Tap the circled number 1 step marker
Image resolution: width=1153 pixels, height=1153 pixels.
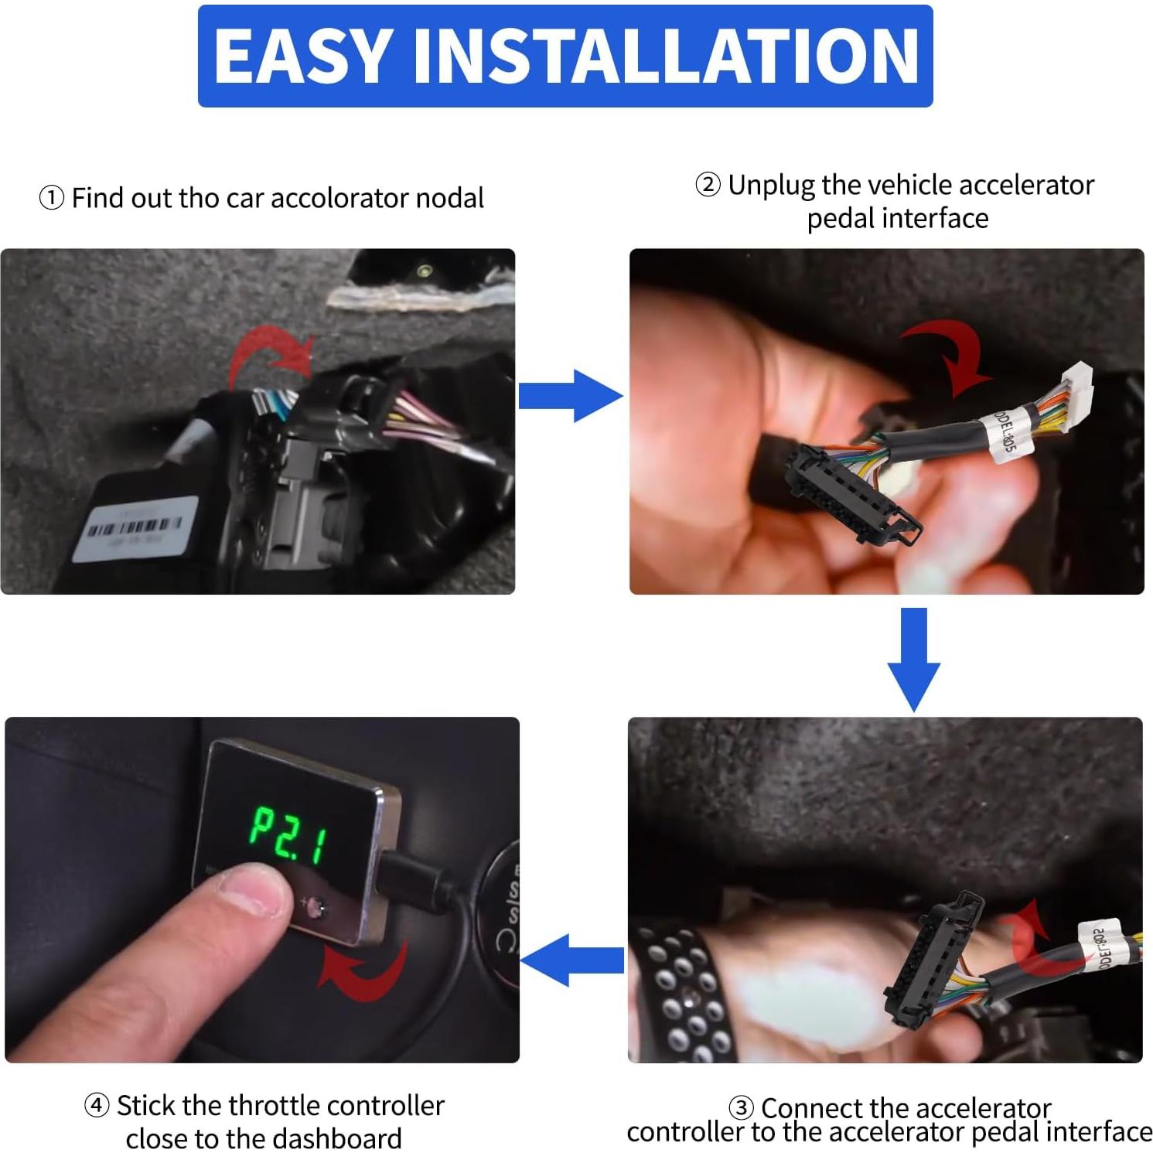[51, 199]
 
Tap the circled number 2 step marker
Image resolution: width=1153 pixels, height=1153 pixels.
[708, 186]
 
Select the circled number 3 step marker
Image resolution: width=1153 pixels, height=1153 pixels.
[741, 1107]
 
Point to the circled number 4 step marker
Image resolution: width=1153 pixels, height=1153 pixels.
[96, 1106]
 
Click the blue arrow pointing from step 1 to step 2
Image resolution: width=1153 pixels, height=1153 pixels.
[570, 396]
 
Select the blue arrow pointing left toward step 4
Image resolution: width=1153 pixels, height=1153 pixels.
[572, 960]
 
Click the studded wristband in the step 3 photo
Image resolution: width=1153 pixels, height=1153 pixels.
[681, 990]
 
